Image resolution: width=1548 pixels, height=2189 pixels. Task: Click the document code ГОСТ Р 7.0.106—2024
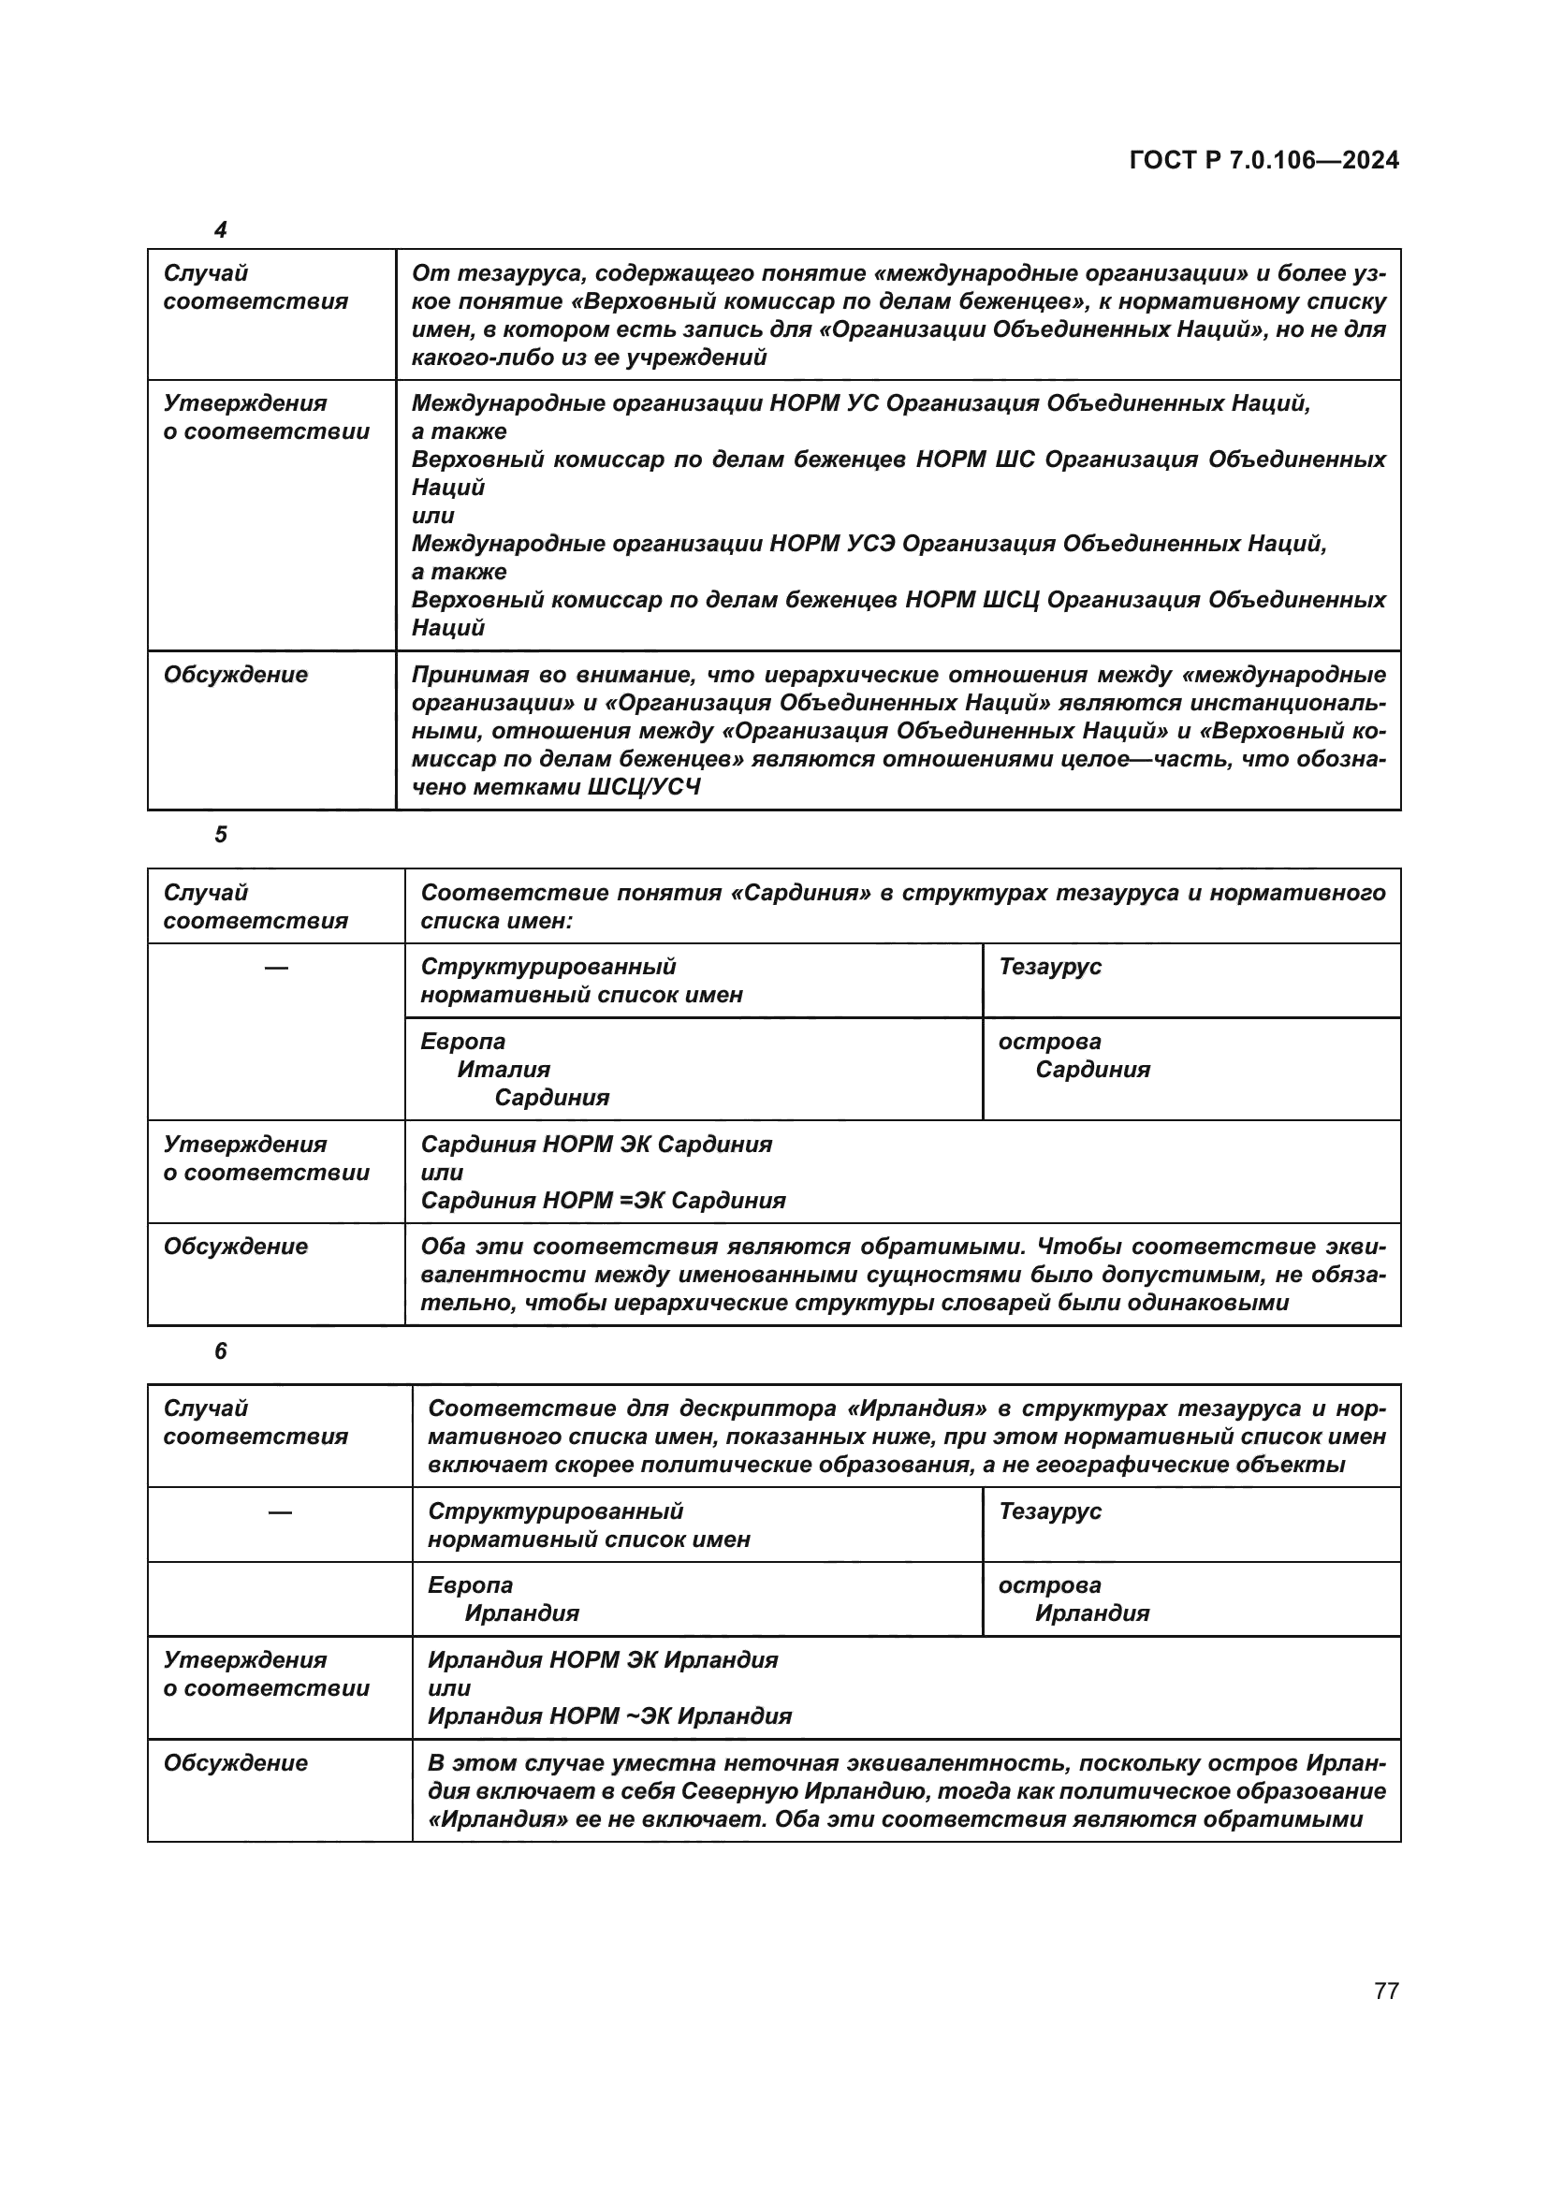[x=1263, y=160]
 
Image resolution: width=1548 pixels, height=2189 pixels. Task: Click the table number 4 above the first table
[x=220, y=230]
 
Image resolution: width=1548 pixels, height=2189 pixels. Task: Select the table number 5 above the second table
[x=220, y=834]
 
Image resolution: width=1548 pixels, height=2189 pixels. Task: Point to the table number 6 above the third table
[x=220, y=1351]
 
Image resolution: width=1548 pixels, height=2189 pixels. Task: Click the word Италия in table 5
[x=504, y=1069]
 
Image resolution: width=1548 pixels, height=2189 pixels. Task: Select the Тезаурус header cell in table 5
[x=1049, y=967]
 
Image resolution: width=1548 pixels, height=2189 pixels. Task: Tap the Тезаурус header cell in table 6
[x=1049, y=1511]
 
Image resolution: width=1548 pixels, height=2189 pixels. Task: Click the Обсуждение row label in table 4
[x=236, y=675]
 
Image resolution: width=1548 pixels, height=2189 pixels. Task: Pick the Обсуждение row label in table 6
[x=236, y=1763]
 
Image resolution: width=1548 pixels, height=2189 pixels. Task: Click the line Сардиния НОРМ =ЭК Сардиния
[x=603, y=1201]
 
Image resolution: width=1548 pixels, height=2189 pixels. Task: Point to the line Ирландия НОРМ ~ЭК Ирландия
[x=609, y=1716]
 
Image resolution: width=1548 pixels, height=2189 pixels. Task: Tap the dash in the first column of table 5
[x=276, y=968]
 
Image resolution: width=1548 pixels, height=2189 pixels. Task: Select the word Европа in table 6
[x=470, y=1584]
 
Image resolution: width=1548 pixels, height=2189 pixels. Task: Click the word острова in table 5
[x=1049, y=1041]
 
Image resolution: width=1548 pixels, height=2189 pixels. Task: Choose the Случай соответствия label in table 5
[x=256, y=907]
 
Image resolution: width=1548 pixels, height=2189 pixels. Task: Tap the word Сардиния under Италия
[x=552, y=1098]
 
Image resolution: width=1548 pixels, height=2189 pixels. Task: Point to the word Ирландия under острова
[x=1091, y=1613]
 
